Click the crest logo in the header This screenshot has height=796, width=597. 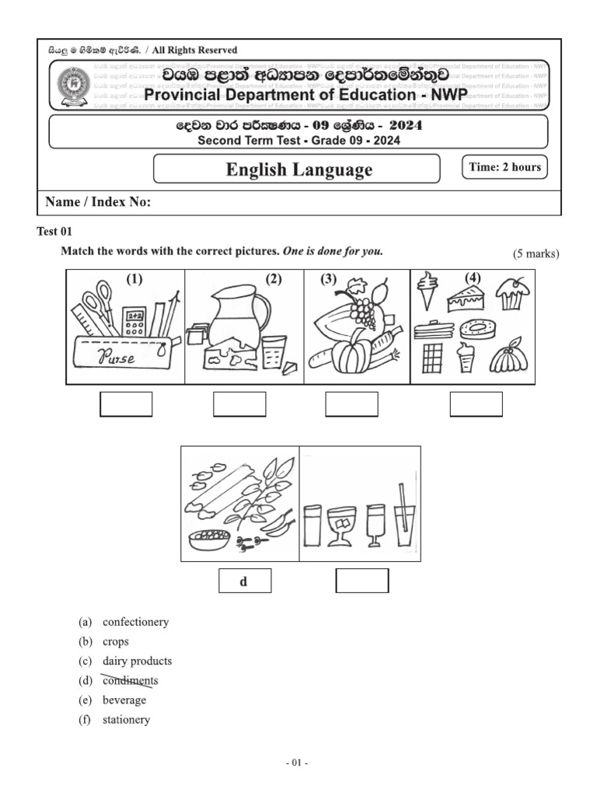pos(75,87)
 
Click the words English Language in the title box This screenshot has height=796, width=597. pos(298,169)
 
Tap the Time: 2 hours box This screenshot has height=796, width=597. pos(504,167)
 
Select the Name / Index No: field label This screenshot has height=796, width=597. pos(98,202)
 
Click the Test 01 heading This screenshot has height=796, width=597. pos(54,232)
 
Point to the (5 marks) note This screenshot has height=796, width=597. pos(536,253)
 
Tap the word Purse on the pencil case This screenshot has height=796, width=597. pos(116,358)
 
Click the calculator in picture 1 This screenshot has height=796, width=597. pos(135,320)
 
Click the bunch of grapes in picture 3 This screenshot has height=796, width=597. pos(361,309)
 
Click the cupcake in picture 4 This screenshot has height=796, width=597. pos(513,292)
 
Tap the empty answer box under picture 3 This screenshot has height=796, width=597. pos(351,404)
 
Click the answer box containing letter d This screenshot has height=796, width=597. pos(244,581)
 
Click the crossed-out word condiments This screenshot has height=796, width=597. pos(130,681)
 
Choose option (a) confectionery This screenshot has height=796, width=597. pos(135,622)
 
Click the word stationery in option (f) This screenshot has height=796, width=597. pos(126,720)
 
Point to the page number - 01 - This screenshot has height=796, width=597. pos(297,763)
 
